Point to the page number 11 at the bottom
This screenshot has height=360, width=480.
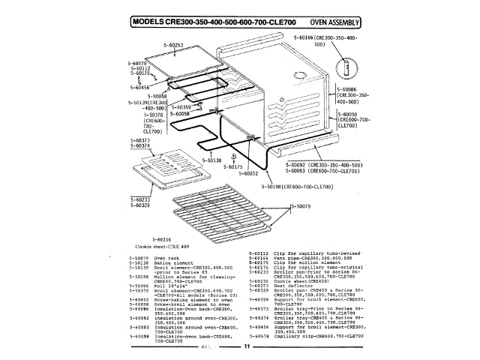coord(246,347)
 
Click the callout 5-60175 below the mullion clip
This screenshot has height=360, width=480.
coord(234,167)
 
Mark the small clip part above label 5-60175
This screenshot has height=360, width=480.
coord(235,157)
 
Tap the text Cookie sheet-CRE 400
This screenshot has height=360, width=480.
coord(162,246)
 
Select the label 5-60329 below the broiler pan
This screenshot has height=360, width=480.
coord(139,205)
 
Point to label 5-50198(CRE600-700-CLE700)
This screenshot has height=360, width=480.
coord(297,186)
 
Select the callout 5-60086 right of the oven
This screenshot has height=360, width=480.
coord(352,89)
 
